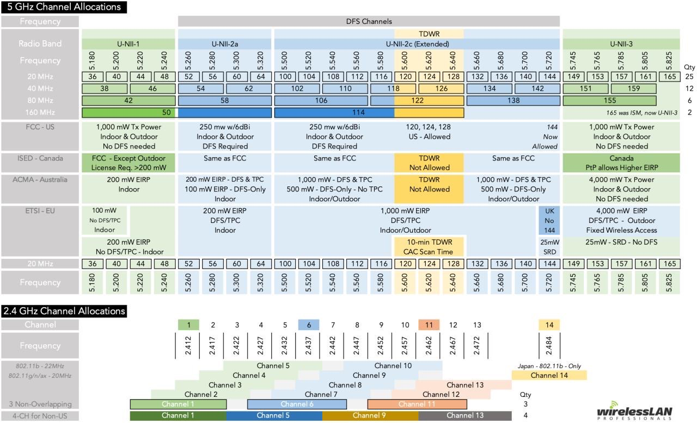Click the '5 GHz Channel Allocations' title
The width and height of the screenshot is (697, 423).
pos(62,7)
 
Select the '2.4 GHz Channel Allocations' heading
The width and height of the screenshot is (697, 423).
pos(64,312)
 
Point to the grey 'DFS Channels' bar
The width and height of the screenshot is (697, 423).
pos(369,22)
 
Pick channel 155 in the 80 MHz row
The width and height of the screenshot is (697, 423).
pos(610,101)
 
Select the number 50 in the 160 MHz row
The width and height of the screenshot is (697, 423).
pos(167,113)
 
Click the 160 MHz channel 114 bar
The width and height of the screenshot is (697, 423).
pos(334,113)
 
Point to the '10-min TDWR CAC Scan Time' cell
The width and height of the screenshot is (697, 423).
pos(429,246)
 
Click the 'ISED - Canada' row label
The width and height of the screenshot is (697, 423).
pos(41,158)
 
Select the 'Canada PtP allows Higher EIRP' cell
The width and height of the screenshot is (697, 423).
pos(621,163)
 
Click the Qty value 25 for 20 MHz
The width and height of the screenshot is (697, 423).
pos(689,77)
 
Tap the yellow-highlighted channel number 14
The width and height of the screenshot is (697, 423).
pos(549,325)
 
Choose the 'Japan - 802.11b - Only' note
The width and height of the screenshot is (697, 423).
pos(549,366)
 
